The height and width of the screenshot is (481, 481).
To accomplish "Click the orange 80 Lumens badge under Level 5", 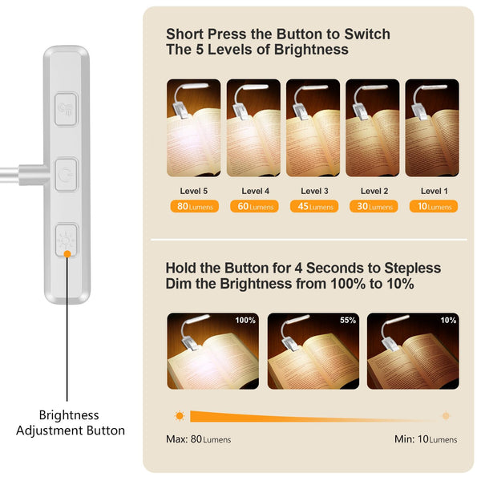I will (x=193, y=207).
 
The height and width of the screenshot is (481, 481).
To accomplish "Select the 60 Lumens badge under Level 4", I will (x=253, y=207).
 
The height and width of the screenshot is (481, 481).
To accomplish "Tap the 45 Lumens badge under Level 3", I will (x=313, y=207).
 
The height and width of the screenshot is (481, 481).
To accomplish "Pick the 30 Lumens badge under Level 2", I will (x=374, y=207).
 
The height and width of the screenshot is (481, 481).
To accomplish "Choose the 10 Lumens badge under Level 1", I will (x=434, y=207).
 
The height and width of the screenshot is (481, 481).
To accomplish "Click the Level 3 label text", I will (x=313, y=191).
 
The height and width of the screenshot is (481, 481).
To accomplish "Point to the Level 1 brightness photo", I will (x=432, y=127).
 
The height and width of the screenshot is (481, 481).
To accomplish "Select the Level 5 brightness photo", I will (x=193, y=127).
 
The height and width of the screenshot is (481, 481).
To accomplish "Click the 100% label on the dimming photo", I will (x=245, y=321).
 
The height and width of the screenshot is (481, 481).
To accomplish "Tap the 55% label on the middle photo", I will (x=347, y=321).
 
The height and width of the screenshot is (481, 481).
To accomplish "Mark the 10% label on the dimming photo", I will (x=447, y=321).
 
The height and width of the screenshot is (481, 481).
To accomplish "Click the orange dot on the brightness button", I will (x=67, y=253).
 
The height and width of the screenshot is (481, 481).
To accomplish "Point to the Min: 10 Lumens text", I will (x=426, y=439).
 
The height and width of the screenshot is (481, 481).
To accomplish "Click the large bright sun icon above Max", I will (x=180, y=416).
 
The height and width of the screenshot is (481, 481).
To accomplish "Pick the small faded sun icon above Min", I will (x=446, y=416).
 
